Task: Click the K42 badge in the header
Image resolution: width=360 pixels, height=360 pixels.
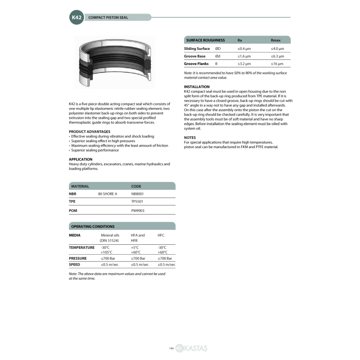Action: pos(76,18)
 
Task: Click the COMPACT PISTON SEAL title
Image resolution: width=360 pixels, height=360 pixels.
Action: pos(108,18)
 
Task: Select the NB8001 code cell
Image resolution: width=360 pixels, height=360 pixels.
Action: pos(137,193)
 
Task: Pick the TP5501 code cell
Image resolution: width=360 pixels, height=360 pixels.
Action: pos(137,202)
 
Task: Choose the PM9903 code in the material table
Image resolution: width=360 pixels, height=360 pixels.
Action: pos(137,210)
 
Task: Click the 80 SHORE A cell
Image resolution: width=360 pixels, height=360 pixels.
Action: pos(108,193)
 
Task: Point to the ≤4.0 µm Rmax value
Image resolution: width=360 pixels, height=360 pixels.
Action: pos(277,48)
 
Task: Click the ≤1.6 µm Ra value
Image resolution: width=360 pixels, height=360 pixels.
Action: pos(244,56)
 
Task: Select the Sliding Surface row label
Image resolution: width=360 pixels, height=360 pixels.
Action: pos(197,48)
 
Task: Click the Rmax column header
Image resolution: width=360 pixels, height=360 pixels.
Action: pos(275,40)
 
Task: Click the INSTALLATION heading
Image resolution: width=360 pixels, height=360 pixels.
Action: pos(197,86)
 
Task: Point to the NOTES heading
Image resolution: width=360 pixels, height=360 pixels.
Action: pos(190,137)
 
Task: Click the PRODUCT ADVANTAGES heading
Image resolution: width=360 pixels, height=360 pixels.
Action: pos(90,131)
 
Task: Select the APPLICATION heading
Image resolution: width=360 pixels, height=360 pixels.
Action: pos(81,159)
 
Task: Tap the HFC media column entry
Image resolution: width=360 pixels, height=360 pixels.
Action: pos(161,235)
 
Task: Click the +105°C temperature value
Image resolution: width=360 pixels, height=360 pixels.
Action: pos(107,252)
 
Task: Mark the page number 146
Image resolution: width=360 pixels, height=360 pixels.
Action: pos(171,348)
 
